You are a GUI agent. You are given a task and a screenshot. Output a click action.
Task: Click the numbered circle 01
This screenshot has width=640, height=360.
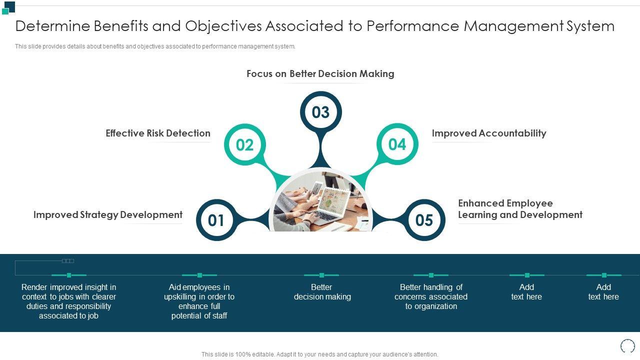click(x=216, y=220)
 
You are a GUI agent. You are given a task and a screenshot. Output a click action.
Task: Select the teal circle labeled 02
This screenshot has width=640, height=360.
click(x=245, y=145)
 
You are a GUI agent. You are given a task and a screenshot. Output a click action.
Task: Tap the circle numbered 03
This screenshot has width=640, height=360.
click(x=320, y=112)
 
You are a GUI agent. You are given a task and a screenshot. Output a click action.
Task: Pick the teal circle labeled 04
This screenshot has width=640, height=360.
click(x=397, y=144)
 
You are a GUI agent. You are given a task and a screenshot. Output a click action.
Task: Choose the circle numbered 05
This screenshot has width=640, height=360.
click(x=424, y=220)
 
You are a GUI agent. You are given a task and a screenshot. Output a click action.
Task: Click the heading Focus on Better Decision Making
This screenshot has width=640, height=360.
click(x=320, y=74)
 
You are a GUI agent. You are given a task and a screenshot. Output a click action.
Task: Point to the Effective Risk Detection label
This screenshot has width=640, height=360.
click(x=158, y=133)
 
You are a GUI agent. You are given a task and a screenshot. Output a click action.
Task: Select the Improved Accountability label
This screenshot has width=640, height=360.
click(x=489, y=133)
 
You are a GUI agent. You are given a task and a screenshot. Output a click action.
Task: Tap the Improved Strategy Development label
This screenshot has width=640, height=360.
click(x=108, y=215)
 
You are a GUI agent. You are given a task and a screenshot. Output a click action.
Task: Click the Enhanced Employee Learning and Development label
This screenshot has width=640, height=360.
click(x=520, y=209)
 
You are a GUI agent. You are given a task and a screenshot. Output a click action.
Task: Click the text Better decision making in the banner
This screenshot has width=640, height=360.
click(x=322, y=292)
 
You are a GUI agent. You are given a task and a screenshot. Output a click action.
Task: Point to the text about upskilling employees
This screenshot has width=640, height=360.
click(x=199, y=301)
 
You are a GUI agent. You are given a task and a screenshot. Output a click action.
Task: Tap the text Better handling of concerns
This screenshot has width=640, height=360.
click(x=431, y=296)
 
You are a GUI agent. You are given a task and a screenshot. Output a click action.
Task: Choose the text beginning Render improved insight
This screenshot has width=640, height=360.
click(x=69, y=301)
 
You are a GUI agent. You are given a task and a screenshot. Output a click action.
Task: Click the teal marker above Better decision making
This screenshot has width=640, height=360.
click(x=321, y=275)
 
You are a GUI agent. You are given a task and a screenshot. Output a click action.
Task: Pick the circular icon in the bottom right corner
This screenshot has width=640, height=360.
click(x=627, y=346)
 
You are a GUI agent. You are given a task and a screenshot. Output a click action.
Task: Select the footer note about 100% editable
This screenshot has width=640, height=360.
click(x=320, y=354)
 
